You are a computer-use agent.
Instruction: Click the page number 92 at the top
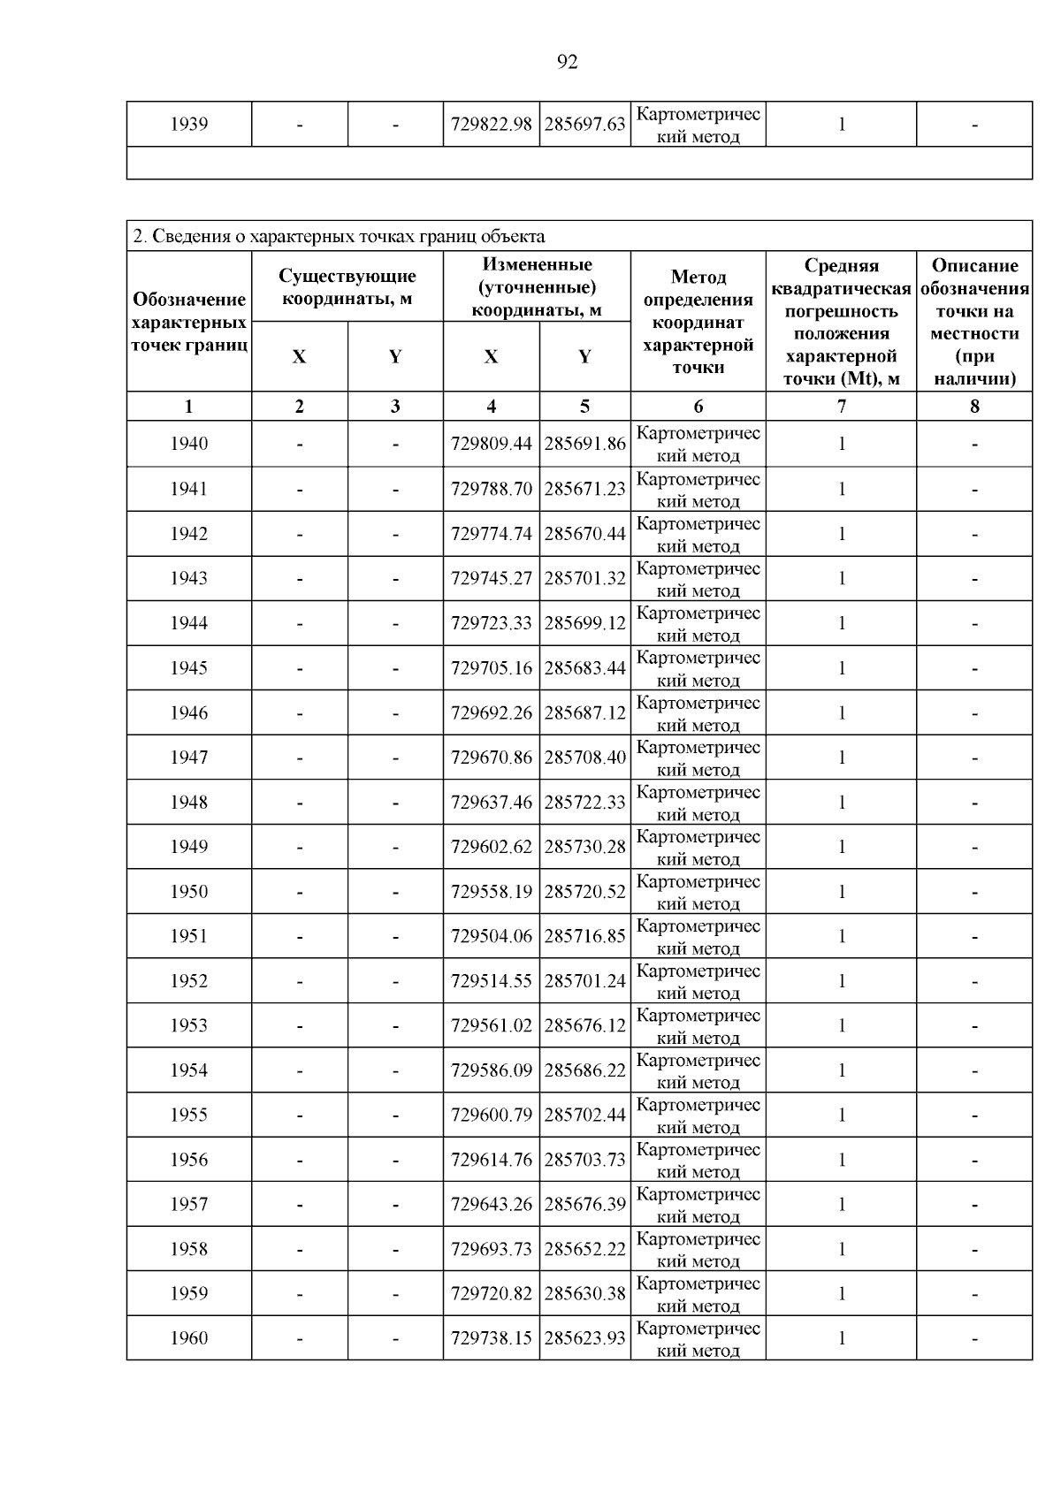coord(568,62)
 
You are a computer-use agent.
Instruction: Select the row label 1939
coord(188,125)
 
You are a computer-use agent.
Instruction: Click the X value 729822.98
coord(491,125)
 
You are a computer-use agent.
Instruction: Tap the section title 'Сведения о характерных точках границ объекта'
coord(339,236)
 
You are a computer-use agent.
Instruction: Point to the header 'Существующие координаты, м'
coord(347,287)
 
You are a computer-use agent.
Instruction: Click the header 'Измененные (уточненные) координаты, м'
coord(537,287)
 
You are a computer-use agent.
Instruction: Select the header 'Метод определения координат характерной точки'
coord(698,322)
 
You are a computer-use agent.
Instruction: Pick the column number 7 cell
coord(841,407)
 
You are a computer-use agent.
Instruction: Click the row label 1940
coord(188,444)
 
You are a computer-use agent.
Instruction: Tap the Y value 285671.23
coord(584,489)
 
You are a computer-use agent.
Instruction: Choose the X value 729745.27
coord(491,578)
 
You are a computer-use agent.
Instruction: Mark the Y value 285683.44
coord(584,668)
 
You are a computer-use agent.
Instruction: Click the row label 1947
coord(188,758)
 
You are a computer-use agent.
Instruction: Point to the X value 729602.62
coord(491,847)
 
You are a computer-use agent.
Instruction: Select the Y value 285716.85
coord(584,936)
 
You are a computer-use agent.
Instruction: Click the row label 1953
coord(188,1025)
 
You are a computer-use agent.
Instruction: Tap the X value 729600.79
coord(491,1115)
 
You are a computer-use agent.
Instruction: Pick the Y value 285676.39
coord(584,1204)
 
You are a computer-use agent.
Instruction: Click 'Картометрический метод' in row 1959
coord(698,1294)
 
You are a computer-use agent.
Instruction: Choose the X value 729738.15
coord(491,1338)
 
